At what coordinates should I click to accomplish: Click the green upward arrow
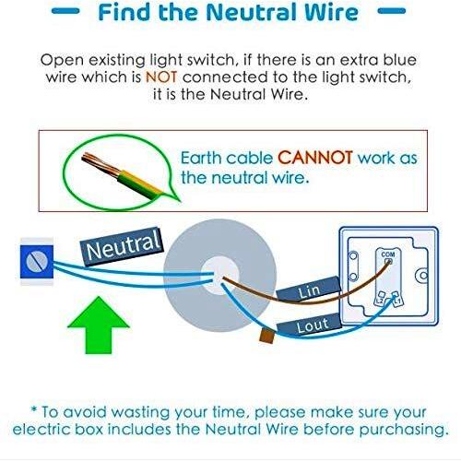(99, 325)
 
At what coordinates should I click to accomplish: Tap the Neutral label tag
(122, 247)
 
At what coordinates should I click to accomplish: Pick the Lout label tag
(310, 325)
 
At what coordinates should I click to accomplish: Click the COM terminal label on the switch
(388, 254)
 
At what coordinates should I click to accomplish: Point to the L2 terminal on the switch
(381, 299)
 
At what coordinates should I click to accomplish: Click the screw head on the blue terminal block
(37, 262)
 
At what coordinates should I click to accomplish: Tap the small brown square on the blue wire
(266, 336)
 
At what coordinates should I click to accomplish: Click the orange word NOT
(161, 77)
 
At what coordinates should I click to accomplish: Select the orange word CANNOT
(315, 158)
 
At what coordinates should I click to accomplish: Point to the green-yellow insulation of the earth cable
(140, 184)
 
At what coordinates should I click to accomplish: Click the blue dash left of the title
(65, 11)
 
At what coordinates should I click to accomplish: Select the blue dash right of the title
(392, 11)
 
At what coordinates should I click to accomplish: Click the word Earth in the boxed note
(202, 158)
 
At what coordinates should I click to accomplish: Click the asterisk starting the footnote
(34, 409)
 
